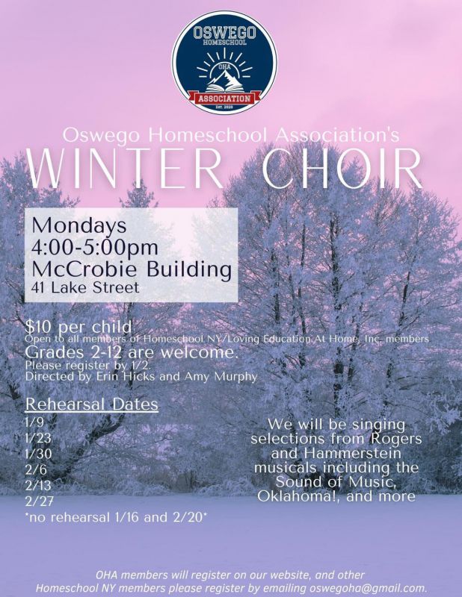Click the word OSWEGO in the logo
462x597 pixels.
click(x=224, y=32)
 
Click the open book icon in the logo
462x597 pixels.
click(x=224, y=88)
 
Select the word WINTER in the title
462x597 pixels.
click(x=125, y=169)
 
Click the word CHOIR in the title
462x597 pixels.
click(x=342, y=169)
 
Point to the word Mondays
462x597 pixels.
click(x=79, y=225)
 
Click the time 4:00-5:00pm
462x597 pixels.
click(x=95, y=248)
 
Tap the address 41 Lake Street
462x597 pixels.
click(x=85, y=287)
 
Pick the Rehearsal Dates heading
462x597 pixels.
click(x=91, y=404)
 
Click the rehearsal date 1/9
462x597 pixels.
click(x=34, y=422)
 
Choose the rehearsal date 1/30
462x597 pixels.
click(x=38, y=454)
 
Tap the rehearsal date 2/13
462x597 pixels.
click(x=38, y=486)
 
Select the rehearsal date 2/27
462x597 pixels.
click(x=39, y=501)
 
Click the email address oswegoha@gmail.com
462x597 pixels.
click(x=369, y=587)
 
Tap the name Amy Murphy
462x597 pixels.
click(x=221, y=377)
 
